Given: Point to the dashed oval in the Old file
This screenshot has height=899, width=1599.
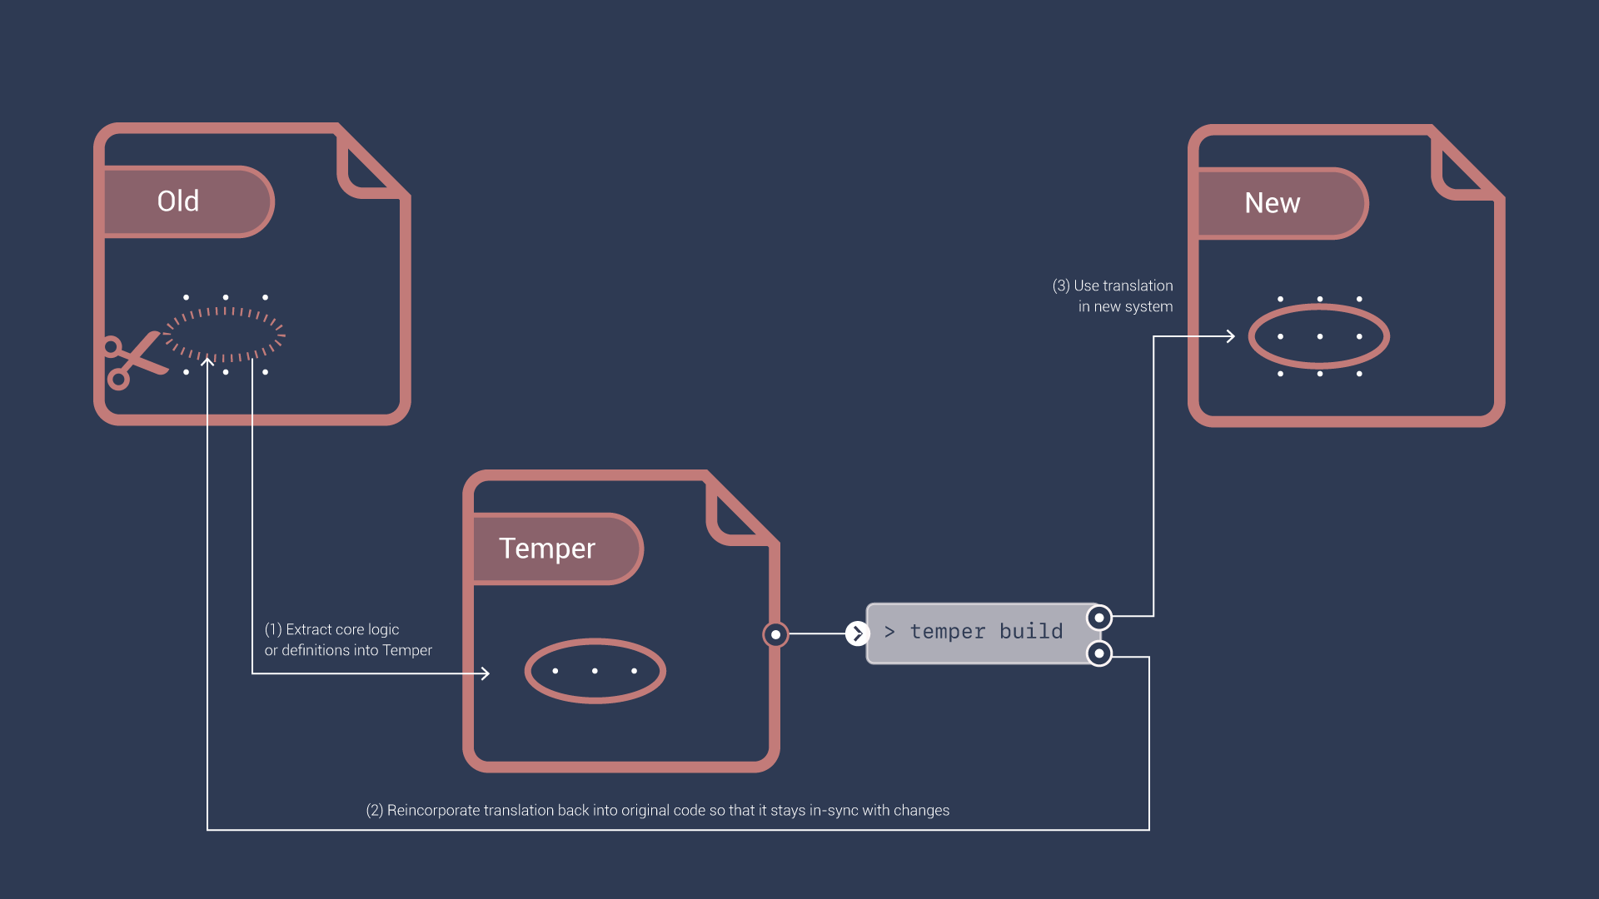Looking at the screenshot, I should coord(225,335).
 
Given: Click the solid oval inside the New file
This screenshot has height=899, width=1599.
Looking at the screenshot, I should coord(1319,336).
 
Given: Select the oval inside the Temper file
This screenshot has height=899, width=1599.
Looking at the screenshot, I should coord(595,671).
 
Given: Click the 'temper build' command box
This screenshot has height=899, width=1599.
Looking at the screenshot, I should coord(983,633).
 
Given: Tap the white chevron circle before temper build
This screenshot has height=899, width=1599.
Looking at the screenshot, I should coord(857,633).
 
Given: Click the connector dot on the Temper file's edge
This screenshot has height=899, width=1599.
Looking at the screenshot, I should coord(775,634).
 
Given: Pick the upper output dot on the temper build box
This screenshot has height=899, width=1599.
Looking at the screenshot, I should coord(1099,618).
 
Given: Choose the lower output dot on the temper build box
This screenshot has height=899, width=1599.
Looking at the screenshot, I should coord(1099,653).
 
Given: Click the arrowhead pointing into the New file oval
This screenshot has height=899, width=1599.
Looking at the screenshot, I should coord(1231,336).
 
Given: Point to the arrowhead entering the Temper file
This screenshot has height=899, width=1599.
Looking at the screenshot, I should coord(486,673).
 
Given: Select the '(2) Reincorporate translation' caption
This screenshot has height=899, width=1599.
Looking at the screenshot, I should coord(657,810).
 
